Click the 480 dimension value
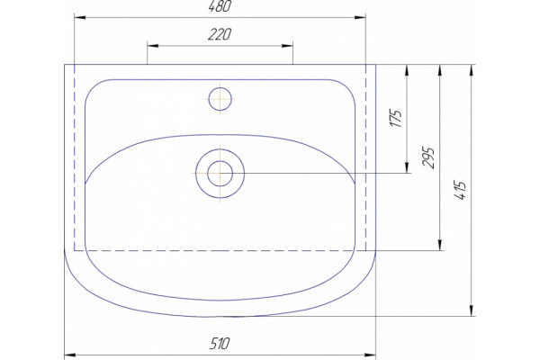click(220, 6)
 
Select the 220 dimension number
click(220, 34)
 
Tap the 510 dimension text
click(220, 344)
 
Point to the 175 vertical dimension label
click(396, 119)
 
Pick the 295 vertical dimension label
click(428, 157)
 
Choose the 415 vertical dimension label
click(461, 190)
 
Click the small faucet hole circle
click(220, 99)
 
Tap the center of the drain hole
click(220, 174)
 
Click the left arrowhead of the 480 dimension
click(80, 17)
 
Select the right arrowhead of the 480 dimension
click(360, 17)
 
